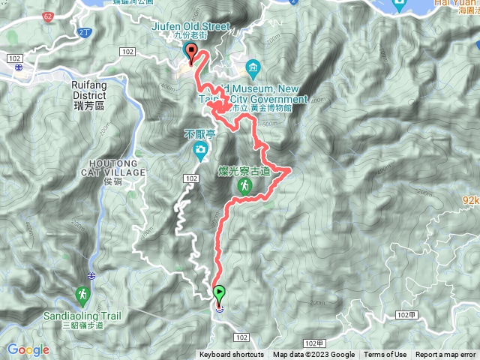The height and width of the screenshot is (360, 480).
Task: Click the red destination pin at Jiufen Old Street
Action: tap(190, 53)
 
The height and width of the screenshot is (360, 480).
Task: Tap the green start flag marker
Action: tap(219, 292)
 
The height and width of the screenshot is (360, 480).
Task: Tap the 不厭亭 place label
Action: tap(199, 134)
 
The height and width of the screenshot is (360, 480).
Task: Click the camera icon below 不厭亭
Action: tap(200, 151)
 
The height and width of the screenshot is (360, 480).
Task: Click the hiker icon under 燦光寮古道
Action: tap(244, 185)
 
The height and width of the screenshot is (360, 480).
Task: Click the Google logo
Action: tap(28, 349)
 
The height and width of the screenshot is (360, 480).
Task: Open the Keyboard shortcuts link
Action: tap(231, 355)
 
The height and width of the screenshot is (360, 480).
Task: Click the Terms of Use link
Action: tap(385, 355)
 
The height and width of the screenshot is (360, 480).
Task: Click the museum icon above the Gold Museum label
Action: tap(253, 67)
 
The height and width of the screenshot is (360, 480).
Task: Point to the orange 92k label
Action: tap(471, 200)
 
